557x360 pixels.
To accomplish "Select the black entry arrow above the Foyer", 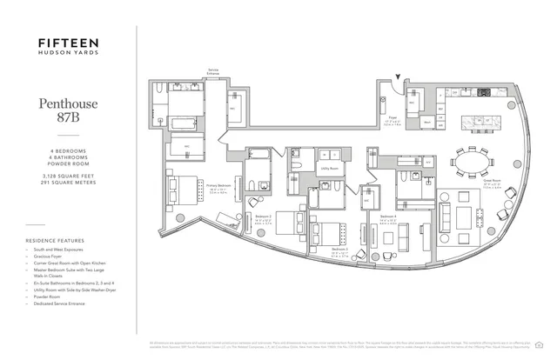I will coord(399,79).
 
